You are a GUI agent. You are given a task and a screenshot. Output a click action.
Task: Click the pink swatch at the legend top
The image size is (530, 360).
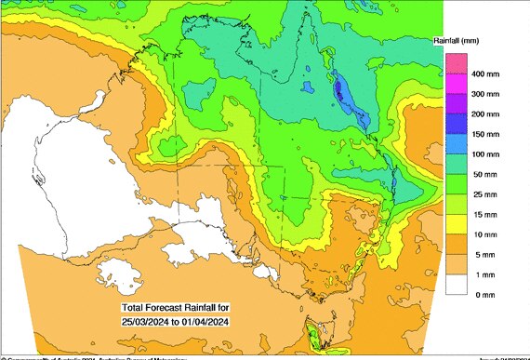pos(456,63)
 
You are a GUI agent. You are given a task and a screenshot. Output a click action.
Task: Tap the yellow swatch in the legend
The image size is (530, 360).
pos(456,223)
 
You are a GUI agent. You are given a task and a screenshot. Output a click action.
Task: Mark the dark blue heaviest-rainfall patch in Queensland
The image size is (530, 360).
pos(339,90)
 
